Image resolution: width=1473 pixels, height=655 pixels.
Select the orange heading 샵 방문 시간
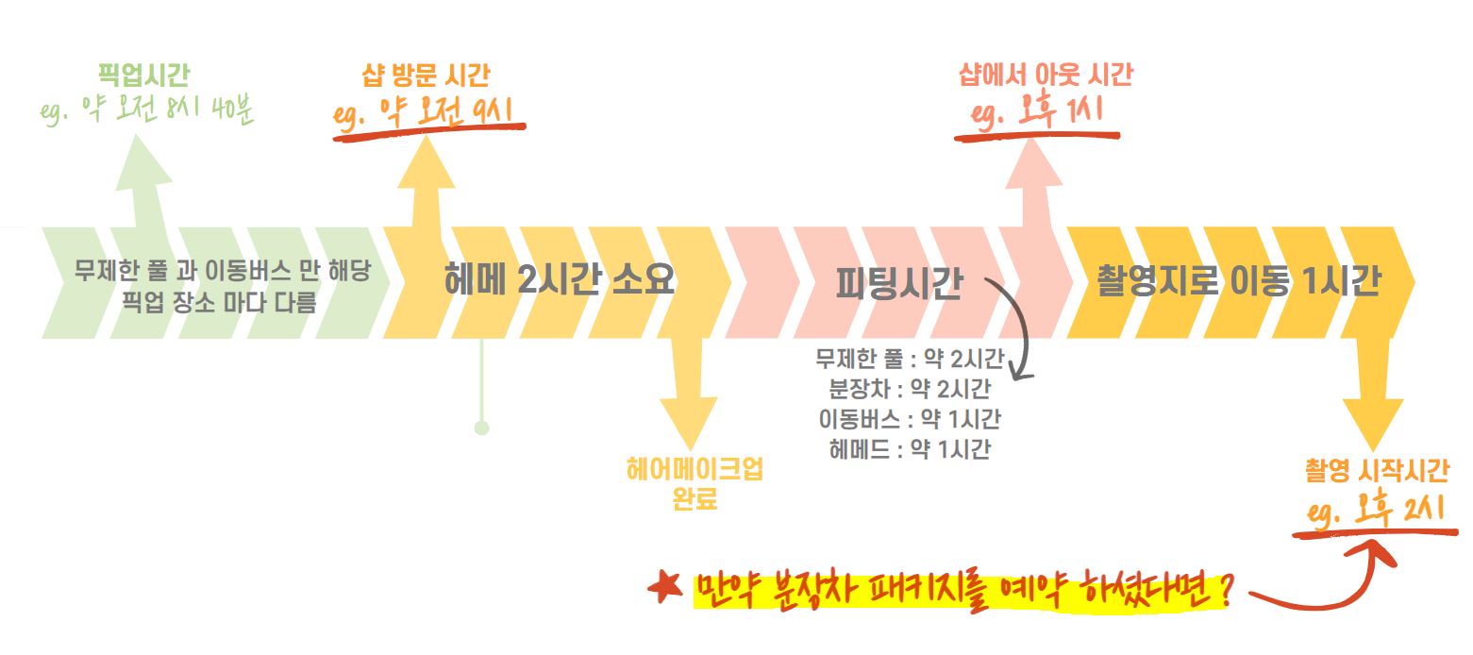427,75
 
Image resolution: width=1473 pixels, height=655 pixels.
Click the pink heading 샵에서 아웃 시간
1046,75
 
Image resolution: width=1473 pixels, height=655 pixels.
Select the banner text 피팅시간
898,283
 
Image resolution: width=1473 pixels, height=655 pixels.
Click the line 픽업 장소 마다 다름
223,303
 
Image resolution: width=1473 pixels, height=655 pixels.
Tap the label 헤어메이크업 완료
695,483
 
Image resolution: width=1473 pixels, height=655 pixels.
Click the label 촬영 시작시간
1378,471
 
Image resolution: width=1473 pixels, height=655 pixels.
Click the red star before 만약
666,589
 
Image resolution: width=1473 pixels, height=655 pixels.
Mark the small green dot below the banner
481,428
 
